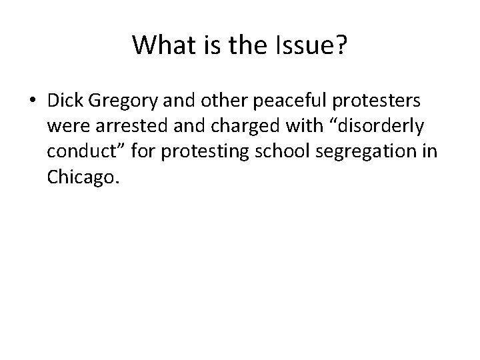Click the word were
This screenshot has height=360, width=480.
click(66, 125)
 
